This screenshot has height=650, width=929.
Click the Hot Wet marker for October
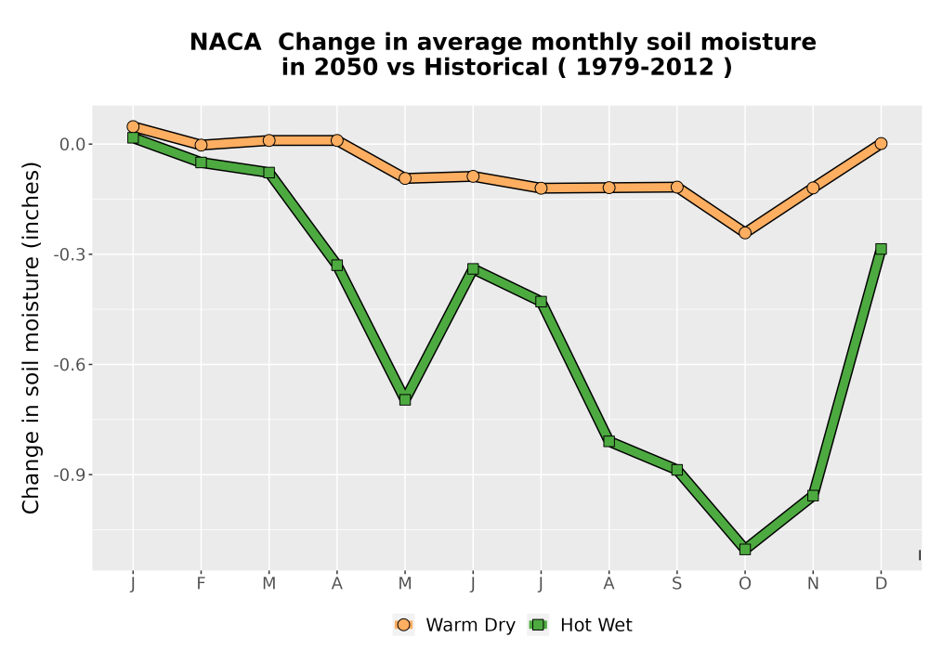point(745,550)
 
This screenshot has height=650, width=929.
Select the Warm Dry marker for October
point(745,233)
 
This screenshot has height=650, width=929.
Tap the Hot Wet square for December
point(881,249)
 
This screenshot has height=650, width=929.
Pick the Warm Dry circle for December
point(881,143)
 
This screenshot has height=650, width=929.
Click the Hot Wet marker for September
point(676,470)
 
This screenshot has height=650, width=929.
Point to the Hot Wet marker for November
point(813,496)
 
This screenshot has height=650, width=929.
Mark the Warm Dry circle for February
point(201,145)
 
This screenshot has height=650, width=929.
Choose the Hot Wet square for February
point(201,162)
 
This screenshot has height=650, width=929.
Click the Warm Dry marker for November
point(813,188)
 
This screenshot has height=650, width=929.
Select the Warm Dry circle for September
point(676,187)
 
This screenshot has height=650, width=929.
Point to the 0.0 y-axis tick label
point(72,145)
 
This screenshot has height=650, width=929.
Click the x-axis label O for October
point(745,584)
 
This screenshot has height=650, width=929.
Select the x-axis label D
point(881,584)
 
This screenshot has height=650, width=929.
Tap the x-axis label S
point(676,584)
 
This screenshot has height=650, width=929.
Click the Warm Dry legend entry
point(454,625)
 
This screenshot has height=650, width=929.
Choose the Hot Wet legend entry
point(580,625)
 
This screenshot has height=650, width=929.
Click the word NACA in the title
point(225,43)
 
